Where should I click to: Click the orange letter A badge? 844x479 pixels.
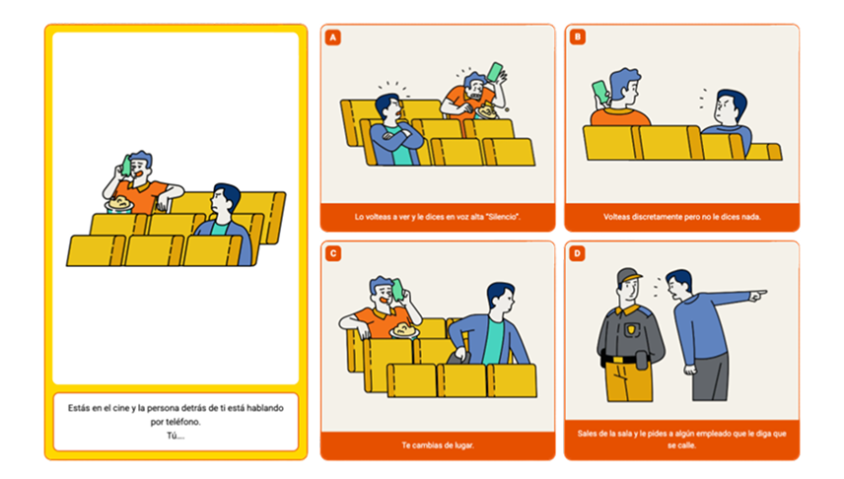click(x=332, y=37)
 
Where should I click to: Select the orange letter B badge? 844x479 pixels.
click(x=577, y=37)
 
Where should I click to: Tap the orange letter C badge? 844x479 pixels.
click(x=332, y=253)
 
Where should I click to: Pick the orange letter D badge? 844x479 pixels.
click(x=577, y=253)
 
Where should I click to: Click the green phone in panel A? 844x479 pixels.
click(x=495, y=72)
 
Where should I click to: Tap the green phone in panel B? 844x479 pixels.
click(x=600, y=92)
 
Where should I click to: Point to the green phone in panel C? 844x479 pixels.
click(x=397, y=290)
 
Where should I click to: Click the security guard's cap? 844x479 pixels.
click(x=629, y=275)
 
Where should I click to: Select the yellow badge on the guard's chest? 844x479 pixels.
click(x=630, y=329)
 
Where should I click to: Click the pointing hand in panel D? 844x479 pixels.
click(x=758, y=295)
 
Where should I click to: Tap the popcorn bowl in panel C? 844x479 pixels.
click(x=404, y=330)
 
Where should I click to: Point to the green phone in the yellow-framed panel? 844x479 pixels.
click(x=127, y=166)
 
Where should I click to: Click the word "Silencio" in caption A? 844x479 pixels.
click(x=505, y=217)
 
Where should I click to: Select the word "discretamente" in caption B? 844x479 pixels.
click(x=657, y=217)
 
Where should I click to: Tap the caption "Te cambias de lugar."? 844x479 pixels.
click(x=438, y=445)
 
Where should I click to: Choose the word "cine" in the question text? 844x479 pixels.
click(x=121, y=408)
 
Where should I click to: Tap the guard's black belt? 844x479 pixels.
click(x=623, y=359)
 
